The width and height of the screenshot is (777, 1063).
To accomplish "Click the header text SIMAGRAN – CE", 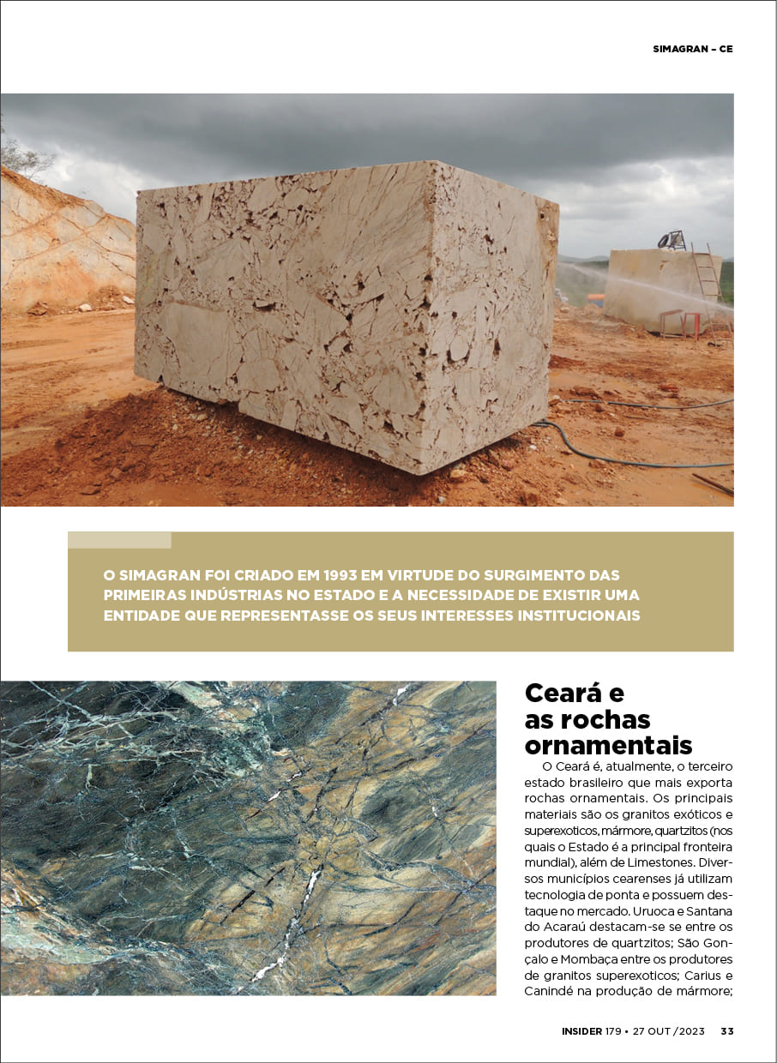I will coord(692,49).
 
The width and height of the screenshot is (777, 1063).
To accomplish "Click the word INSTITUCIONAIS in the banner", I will coord(567,616).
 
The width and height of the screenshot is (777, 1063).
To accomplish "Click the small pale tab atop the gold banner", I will coord(119,540).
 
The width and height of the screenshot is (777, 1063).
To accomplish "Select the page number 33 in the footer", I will coord(726,1031).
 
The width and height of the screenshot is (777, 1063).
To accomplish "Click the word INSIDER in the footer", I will coord(581,1031).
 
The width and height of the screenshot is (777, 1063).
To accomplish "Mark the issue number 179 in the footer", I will coord(613,1031).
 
